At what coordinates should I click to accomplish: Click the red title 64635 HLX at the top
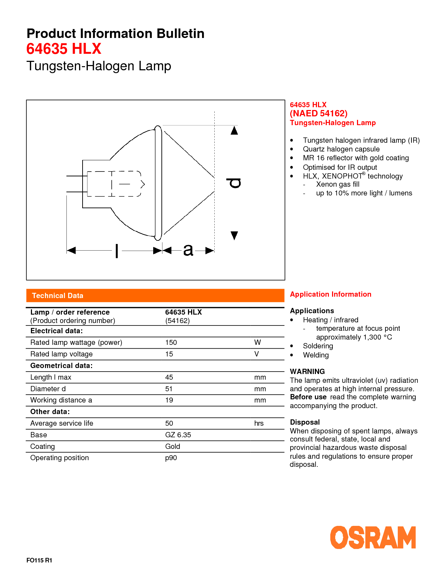coord(64,49)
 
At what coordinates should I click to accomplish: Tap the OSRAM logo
coord(373,537)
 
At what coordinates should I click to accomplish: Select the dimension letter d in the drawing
coord(234,183)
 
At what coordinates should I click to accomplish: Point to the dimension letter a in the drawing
coord(188,250)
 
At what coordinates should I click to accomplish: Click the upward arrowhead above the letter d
coord(234,131)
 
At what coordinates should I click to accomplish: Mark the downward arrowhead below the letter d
coord(234,235)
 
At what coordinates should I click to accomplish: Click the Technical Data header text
coord(58,296)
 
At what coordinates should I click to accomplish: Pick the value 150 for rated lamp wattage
coord(171,342)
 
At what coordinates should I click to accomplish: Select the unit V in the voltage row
coord(257,354)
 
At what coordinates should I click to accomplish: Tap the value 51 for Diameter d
coord(169,389)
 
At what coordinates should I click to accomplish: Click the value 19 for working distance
coord(169,400)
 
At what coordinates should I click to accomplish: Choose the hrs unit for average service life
coord(259,423)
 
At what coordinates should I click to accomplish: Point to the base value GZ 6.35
coord(178,435)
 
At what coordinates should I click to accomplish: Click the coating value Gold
coord(173,446)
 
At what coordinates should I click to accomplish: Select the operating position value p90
coord(171,458)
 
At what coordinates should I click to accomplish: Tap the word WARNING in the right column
coord(307,372)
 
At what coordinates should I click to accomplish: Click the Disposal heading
coord(305,422)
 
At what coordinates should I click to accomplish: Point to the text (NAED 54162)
coord(319,114)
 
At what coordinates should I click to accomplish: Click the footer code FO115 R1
coord(39,560)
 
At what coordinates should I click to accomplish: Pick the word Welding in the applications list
coord(316,355)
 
